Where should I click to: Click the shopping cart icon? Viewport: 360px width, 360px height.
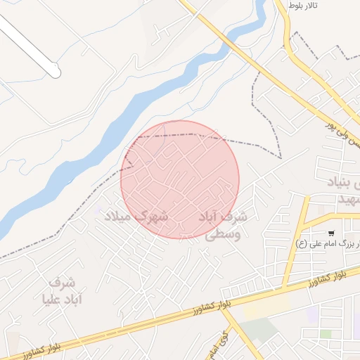[x=330, y=232]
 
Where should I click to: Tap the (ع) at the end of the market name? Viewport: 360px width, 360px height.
[x=302, y=244]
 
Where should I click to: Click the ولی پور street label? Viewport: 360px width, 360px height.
[x=342, y=132]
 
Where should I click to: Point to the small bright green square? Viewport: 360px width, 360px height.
[x=326, y=334]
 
